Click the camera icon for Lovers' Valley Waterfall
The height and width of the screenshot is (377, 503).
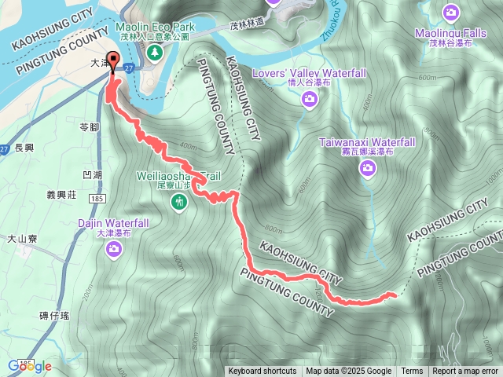(x=310, y=98)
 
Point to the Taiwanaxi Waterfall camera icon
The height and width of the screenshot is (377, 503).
(x=367, y=168)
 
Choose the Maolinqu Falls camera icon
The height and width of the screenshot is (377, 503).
(x=450, y=13)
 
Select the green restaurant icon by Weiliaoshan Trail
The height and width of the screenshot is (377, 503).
(x=180, y=203)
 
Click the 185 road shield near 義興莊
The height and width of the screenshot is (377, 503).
(x=97, y=200)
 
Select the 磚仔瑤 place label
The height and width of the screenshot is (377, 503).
(x=54, y=316)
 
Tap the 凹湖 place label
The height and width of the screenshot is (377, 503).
(x=92, y=174)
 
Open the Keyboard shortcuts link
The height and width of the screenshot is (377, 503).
(x=263, y=372)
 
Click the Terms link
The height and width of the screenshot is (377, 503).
(x=412, y=372)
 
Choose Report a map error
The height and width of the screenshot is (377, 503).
(x=465, y=372)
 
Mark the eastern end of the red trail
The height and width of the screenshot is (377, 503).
(x=393, y=295)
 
